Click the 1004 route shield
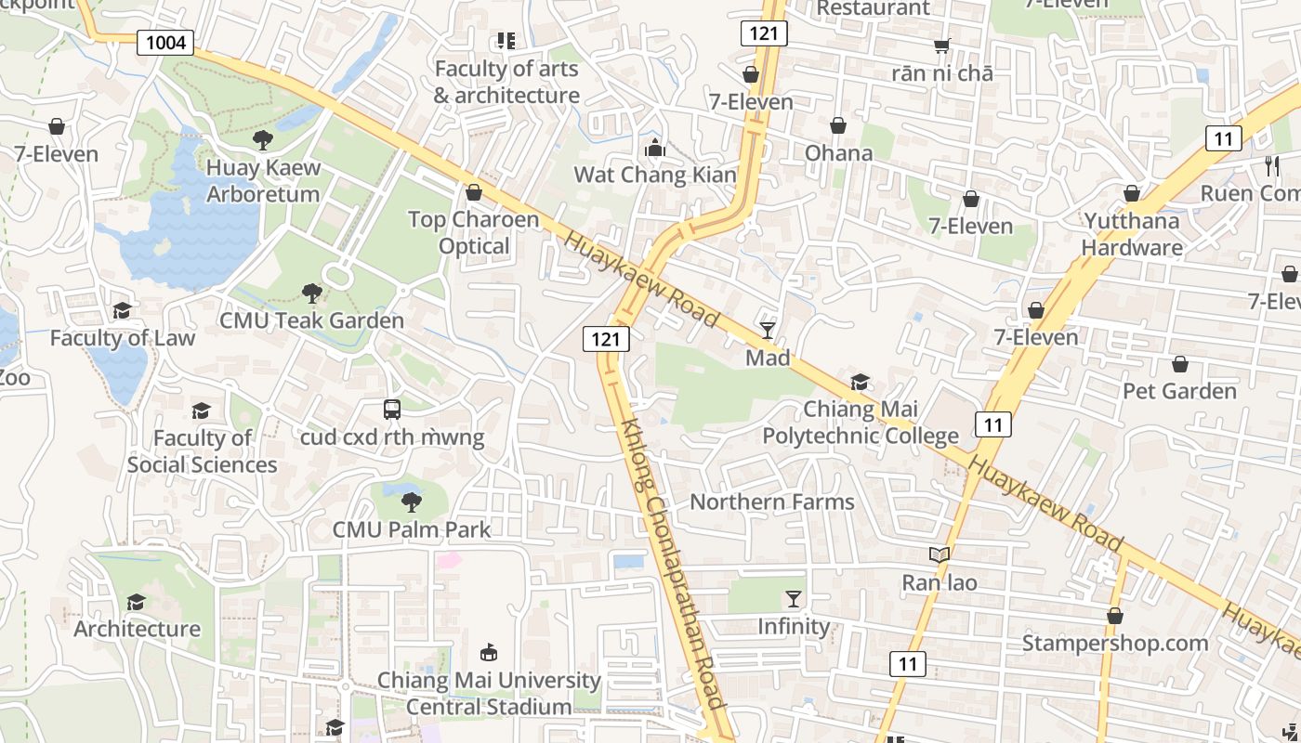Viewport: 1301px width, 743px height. (x=165, y=42)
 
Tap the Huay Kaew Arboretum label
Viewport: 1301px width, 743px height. (x=263, y=181)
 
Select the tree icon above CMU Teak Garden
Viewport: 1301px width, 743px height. (x=311, y=293)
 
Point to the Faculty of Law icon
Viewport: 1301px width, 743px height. (x=122, y=310)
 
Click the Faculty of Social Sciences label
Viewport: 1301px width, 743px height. (x=202, y=451)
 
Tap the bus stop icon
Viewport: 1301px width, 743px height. (x=392, y=409)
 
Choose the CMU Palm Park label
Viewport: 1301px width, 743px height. (x=412, y=529)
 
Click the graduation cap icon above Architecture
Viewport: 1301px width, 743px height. (x=137, y=602)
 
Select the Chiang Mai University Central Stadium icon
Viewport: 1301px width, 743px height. (x=489, y=653)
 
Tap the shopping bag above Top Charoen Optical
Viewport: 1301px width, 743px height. (x=474, y=192)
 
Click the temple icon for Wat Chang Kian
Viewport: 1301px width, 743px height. (x=655, y=147)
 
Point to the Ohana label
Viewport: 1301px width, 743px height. (x=839, y=152)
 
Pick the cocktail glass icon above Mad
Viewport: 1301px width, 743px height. (x=768, y=330)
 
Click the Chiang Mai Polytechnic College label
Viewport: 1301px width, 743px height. (x=861, y=423)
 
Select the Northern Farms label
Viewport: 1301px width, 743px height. (x=771, y=502)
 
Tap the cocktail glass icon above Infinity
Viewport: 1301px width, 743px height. (x=794, y=599)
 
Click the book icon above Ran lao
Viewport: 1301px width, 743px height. (x=940, y=554)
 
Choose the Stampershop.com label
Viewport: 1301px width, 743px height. (x=1115, y=643)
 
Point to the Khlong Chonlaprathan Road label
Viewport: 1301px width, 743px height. (x=671, y=562)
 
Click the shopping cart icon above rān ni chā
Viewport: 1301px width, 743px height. (x=942, y=46)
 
